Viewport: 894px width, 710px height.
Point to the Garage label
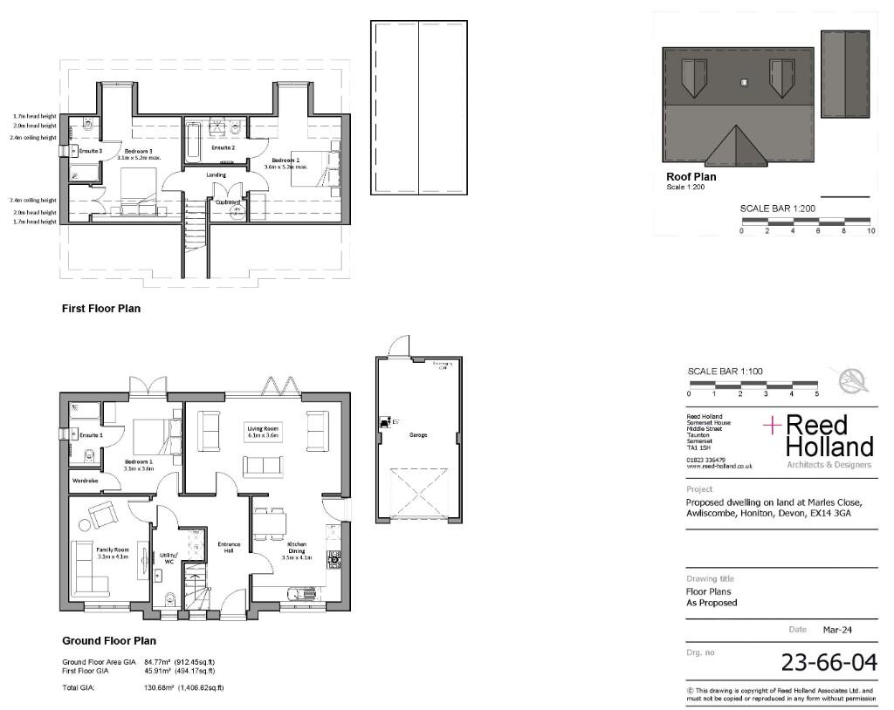tap(418, 434)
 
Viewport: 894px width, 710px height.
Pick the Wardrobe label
tap(84, 479)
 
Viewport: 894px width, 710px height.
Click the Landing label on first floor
tap(216, 174)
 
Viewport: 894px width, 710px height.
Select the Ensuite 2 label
tap(223, 148)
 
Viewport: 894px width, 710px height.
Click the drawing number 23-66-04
tap(828, 662)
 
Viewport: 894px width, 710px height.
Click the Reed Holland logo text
tap(828, 436)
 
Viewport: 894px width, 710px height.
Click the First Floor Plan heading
tap(100, 309)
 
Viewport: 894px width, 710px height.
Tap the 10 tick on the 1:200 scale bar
tap(870, 231)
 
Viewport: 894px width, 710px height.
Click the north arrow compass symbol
tap(854, 380)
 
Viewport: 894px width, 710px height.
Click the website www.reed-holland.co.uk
tap(719, 467)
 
